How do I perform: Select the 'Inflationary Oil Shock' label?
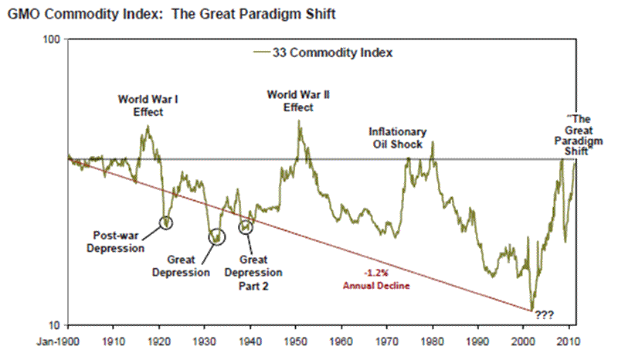coord(397,138)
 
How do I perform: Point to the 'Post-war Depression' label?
coord(118,242)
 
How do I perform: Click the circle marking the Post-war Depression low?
coord(166,222)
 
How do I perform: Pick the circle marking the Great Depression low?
coord(217,236)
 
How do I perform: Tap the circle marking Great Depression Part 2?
coord(246,226)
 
